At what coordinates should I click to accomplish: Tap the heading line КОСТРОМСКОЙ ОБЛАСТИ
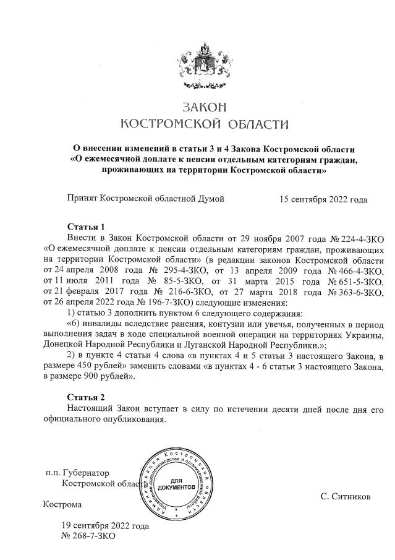(x=203, y=124)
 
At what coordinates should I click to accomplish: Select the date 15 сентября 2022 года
(x=323, y=199)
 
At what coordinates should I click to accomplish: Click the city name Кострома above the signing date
(x=62, y=504)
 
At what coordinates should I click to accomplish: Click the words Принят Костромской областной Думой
(x=145, y=199)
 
